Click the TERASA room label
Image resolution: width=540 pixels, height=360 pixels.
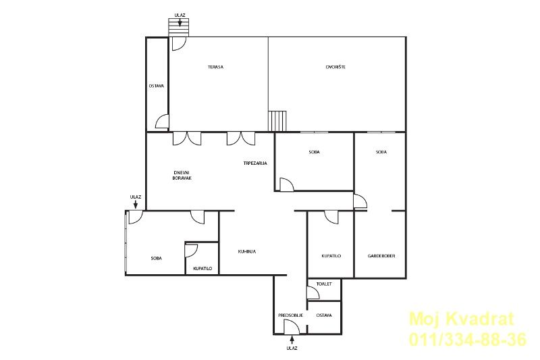pos(215,67)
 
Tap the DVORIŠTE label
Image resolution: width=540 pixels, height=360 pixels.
pos(335,67)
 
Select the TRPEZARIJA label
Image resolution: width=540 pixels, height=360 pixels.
pos(255,163)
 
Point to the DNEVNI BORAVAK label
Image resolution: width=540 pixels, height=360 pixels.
pos(182,176)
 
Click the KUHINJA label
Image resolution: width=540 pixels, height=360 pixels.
pos(246,252)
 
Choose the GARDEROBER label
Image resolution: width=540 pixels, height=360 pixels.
pos(381,256)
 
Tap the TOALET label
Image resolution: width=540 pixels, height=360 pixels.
pos(324,284)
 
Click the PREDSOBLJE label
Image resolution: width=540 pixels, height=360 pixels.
pos(290,315)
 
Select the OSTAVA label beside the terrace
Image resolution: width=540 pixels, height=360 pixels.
pos(157,86)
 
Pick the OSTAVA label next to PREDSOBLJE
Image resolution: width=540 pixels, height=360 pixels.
pos(324,315)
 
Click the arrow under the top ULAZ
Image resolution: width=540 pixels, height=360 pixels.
pos(180,22)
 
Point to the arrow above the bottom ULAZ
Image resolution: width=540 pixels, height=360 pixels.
pos(292,340)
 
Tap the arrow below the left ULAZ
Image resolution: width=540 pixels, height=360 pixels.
pos(136,204)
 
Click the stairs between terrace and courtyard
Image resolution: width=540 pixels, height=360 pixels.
pos(277,121)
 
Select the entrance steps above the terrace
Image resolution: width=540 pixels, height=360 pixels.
pos(179,27)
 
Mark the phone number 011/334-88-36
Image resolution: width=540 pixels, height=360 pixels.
pos(468,339)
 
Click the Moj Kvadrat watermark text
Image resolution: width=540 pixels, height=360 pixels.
pos(461,319)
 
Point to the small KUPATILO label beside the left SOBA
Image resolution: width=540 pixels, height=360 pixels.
pos(202,269)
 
